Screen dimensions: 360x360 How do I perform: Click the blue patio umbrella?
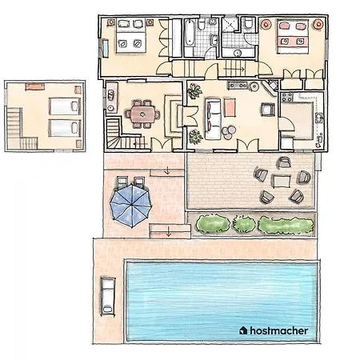coord(130,205)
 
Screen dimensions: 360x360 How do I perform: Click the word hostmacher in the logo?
coord(280,329)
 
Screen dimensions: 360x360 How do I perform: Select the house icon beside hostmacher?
coord(243,329)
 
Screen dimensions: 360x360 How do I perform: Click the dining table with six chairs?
coord(145,114)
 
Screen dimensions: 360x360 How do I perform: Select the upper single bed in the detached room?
coord(62,106)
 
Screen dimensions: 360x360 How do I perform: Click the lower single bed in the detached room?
coord(62,126)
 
